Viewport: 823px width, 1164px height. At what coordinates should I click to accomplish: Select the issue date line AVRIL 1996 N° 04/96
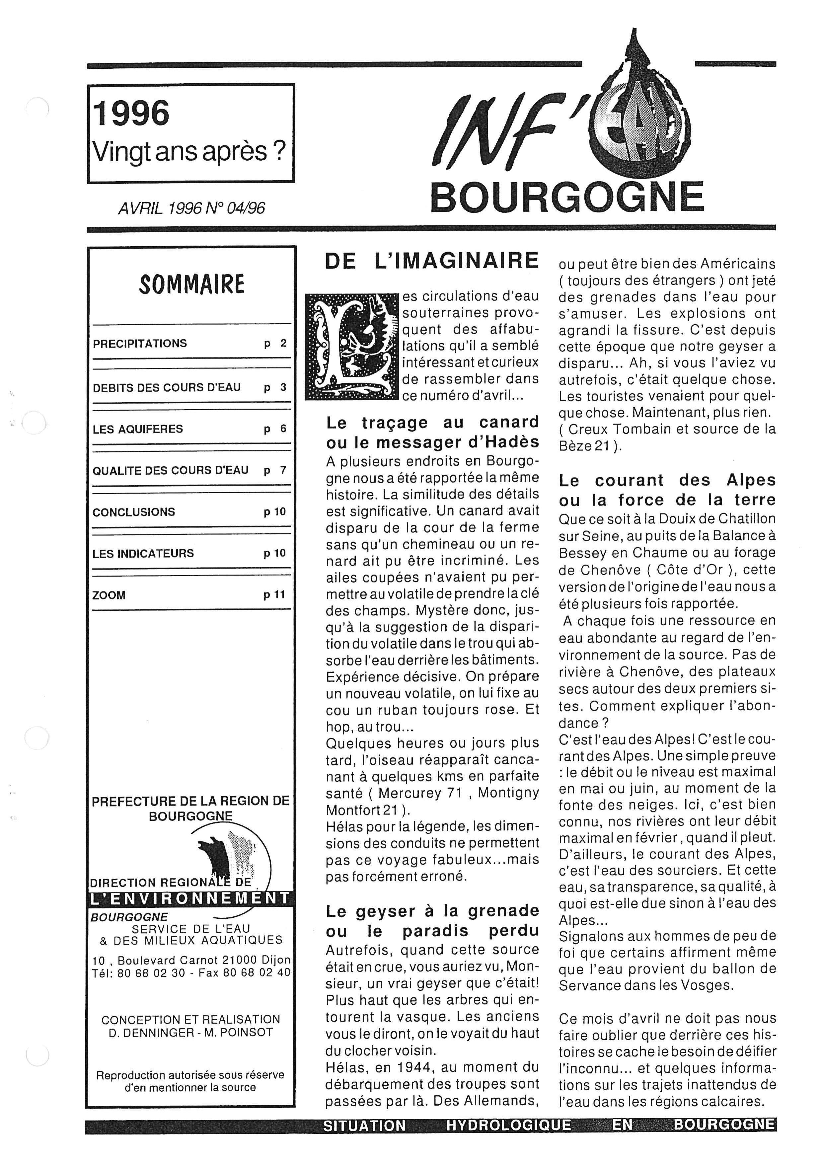(x=191, y=208)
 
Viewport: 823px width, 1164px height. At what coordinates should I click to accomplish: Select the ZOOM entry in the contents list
(x=109, y=595)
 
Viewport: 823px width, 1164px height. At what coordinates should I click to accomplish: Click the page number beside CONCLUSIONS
(x=275, y=512)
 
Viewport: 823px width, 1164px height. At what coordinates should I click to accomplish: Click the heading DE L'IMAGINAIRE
(x=432, y=261)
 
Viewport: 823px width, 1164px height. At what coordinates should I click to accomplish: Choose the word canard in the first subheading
(x=509, y=422)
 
